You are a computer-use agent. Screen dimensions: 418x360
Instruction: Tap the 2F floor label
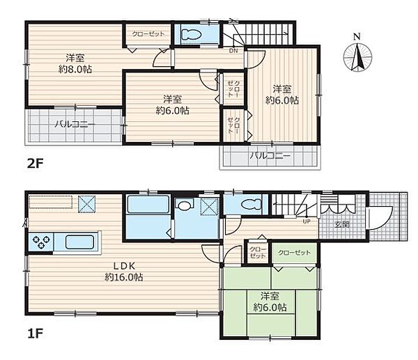36,164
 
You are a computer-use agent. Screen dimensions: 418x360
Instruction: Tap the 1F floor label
36,334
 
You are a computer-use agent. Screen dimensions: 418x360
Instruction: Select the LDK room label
124,266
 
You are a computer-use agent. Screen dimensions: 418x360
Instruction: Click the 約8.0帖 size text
75,70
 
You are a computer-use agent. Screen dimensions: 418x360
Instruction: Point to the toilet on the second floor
191,34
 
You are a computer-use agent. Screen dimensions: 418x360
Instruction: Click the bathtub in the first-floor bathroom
148,205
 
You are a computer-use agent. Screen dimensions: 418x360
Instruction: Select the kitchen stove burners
41,242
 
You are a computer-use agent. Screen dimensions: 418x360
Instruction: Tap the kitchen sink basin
79,242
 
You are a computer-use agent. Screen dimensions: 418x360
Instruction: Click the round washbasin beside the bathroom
184,205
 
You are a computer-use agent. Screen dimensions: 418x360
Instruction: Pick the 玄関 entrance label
342,224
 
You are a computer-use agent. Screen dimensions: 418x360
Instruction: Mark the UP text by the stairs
307,221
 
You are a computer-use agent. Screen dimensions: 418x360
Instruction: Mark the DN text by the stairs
233,51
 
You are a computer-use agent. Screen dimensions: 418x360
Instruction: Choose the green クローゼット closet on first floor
294,253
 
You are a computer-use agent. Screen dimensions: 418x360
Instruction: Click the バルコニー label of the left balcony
75,125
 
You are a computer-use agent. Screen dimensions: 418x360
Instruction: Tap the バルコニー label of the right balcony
270,155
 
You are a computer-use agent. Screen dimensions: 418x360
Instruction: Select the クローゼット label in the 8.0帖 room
148,34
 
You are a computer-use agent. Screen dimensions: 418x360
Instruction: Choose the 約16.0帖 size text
124,277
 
